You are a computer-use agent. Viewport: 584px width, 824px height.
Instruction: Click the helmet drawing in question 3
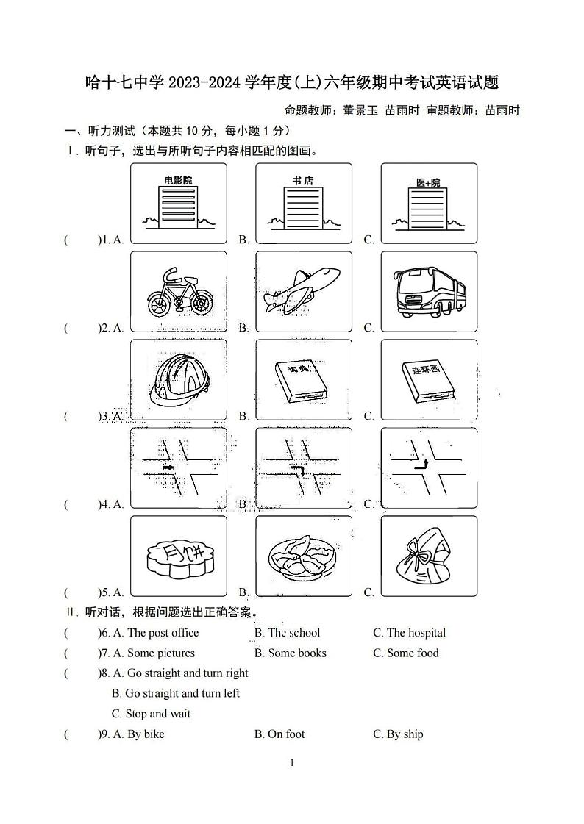pyautogui.click(x=178, y=380)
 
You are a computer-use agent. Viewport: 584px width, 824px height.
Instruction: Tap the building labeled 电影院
pyautogui.click(x=178, y=204)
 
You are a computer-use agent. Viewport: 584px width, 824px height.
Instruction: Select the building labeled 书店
pyautogui.click(x=303, y=204)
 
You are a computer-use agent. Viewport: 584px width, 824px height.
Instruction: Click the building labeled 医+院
pyautogui.click(x=428, y=204)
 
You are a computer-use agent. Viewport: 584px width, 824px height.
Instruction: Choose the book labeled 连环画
pyautogui.click(x=430, y=380)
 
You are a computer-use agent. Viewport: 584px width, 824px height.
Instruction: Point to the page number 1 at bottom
pyautogui.click(x=292, y=763)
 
